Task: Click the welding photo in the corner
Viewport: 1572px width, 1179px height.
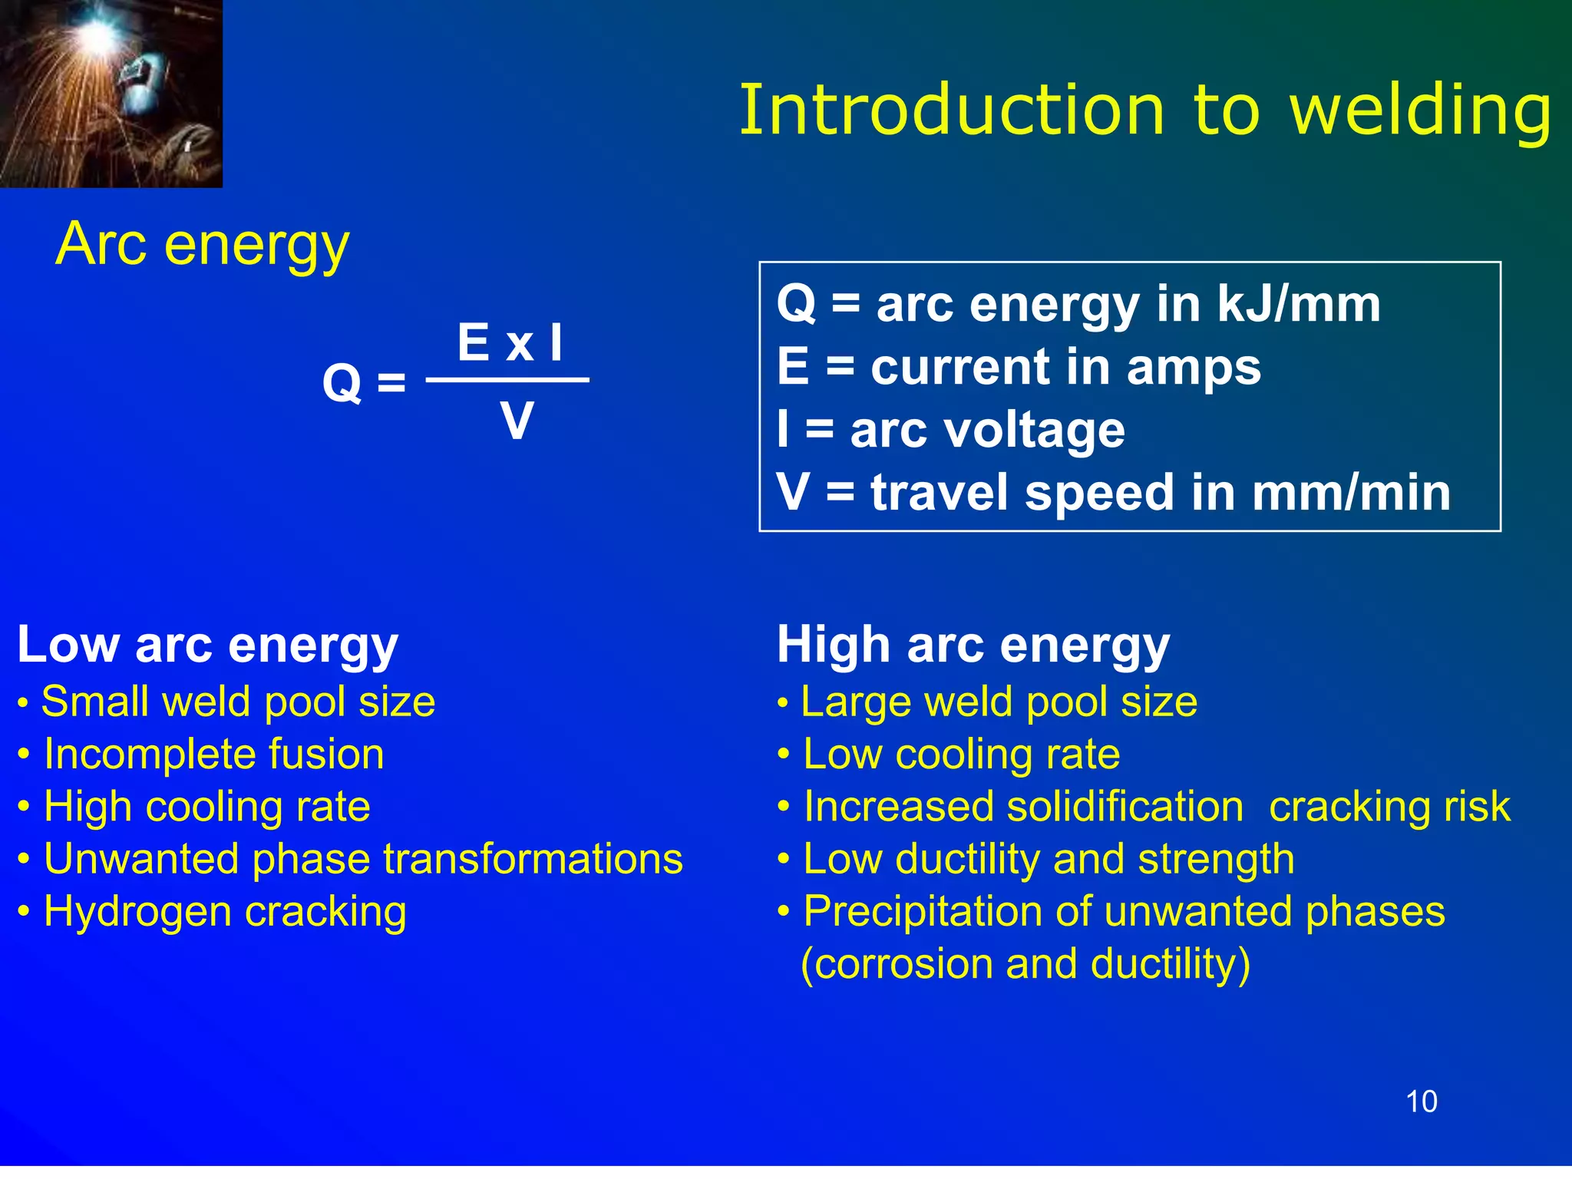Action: [111, 93]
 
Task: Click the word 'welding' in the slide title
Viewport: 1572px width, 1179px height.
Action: [1421, 111]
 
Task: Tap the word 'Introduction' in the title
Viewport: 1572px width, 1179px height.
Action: [952, 111]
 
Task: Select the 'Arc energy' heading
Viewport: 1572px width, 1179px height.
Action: [203, 244]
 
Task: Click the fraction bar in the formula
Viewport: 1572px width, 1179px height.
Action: [507, 380]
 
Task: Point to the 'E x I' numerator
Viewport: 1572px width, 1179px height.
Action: [510, 342]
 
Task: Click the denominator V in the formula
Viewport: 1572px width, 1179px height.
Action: [517, 421]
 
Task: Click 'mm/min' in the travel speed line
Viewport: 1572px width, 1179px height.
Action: [1351, 493]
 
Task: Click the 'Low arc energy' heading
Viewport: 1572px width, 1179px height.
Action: [207, 644]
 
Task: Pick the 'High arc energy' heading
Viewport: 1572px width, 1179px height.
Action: [973, 644]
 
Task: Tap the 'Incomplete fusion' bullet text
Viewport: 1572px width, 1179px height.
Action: [213, 755]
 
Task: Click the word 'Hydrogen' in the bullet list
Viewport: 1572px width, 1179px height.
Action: [137, 913]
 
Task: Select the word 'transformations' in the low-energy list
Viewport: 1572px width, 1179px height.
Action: [533, 859]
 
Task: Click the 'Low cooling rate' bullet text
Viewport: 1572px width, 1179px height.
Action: [961, 755]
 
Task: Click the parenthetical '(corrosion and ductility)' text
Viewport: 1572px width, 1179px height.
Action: [1025, 964]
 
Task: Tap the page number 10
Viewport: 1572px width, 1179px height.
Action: [1421, 1101]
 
